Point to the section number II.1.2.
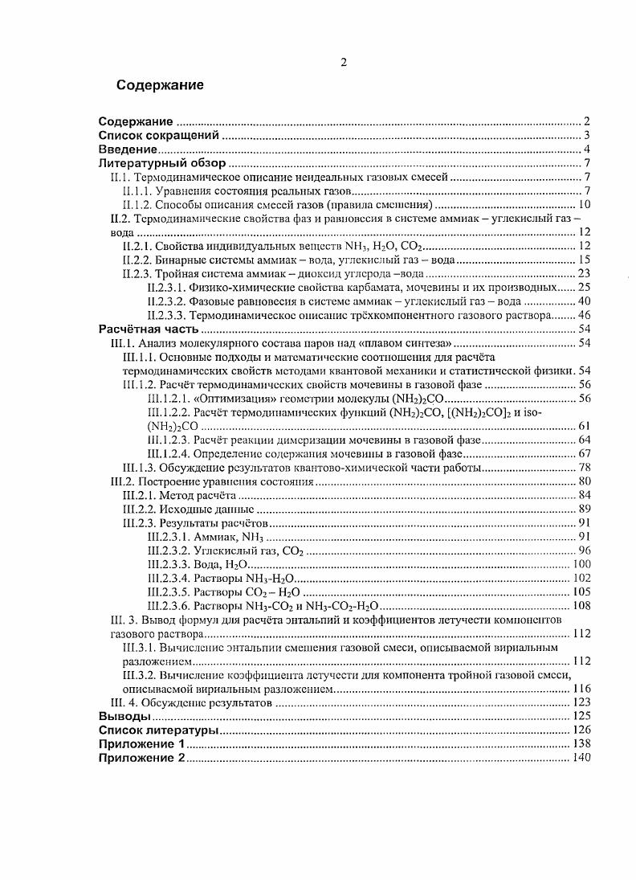tap(138, 204)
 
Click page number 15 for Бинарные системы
tap(584, 260)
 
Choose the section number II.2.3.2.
tap(169, 301)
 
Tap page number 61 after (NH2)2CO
tap(584, 426)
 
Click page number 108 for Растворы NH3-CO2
tap(581, 606)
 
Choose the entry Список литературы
tap(158, 730)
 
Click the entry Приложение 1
tap(141, 744)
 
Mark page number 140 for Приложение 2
tap(581, 758)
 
